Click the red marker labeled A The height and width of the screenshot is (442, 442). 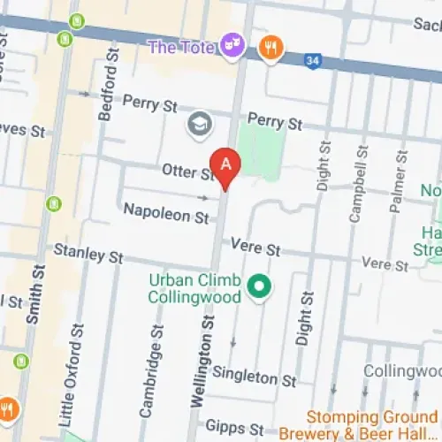pyautogui.click(x=227, y=165)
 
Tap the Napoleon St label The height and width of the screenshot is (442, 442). pyautogui.click(x=165, y=212)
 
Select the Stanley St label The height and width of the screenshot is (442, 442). pyautogui.click(x=88, y=254)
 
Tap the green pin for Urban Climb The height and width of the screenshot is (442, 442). pyautogui.click(x=259, y=286)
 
